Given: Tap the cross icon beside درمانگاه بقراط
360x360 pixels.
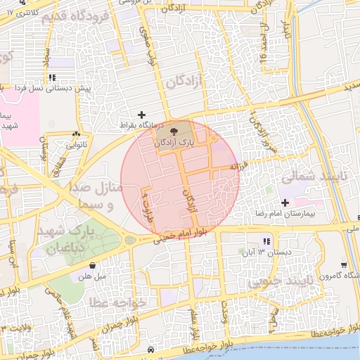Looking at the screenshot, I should coord(142,114).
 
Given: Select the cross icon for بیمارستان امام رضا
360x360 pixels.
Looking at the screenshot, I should coord(285,202).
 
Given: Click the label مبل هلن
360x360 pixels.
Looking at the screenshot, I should coord(93,277).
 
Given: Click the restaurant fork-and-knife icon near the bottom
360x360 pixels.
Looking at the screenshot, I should coord(151,349).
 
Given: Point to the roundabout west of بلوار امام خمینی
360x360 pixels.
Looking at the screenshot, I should coord(129,240).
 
